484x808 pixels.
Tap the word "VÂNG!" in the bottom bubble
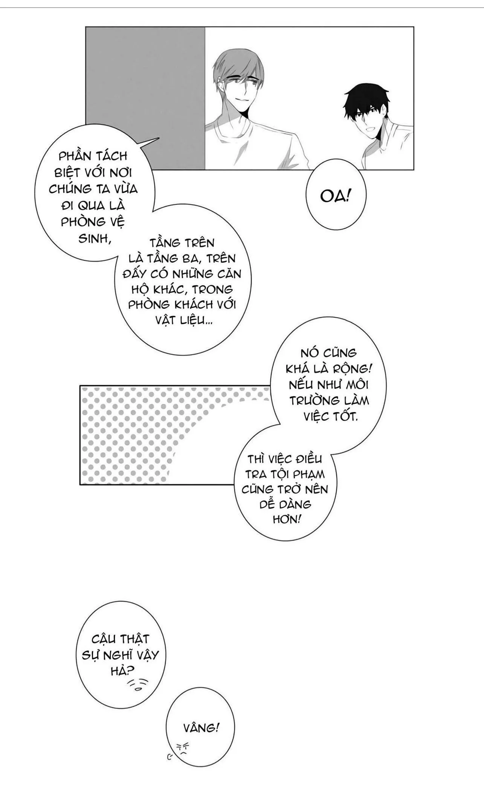201,728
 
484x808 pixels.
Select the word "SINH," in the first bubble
95,238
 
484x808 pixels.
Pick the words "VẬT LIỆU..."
183,320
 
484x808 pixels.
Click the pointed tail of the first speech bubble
150,141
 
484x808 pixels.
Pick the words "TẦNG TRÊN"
182,242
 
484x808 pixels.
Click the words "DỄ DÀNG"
285,504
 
